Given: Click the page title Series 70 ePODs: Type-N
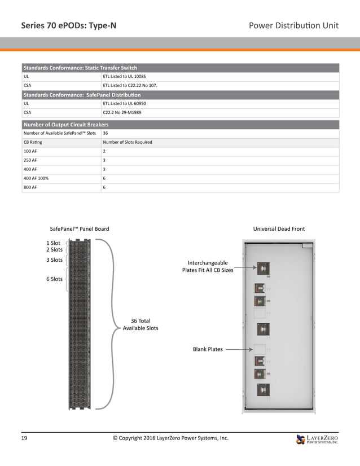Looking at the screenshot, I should (x=69, y=25).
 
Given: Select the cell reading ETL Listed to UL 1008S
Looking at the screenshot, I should (x=124, y=76).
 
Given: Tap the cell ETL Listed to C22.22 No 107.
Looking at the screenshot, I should (x=130, y=86).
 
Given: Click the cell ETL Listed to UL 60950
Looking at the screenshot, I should (x=124, y=104).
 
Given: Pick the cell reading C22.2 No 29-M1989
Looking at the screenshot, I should (x=122, y=113).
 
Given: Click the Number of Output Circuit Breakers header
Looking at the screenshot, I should (x=66, y=125).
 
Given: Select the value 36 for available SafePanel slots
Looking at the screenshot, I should (x=106, y=133).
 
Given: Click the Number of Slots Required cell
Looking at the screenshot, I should (x=128, y=142).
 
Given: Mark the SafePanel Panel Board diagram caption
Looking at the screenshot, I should (x=80, y=229).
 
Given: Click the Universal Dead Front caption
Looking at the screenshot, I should (x=279, y=229).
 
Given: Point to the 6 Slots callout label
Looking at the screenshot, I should (x=54, y=279).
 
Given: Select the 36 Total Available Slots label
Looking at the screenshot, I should (x=141, y=324).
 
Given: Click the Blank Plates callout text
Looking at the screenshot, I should (x=208, y=349).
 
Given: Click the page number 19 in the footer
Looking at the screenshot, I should (x=25, y=438).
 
